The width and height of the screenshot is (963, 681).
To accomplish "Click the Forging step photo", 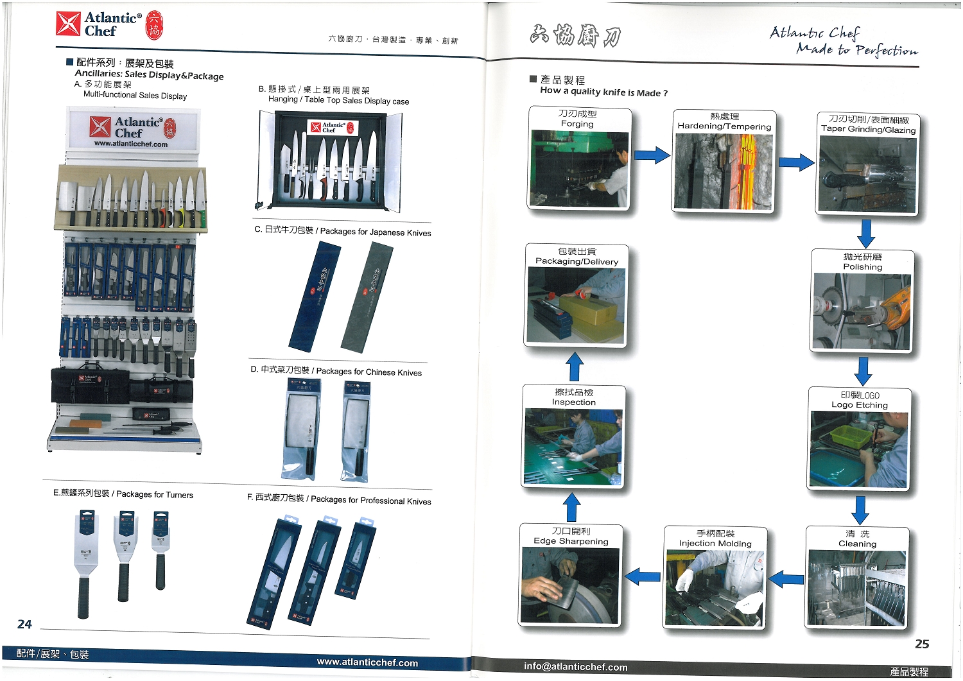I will coord(579,169).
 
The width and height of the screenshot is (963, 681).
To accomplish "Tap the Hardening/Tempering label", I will coord(724,122).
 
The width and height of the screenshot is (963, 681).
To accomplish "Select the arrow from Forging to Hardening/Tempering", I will coord(652,155).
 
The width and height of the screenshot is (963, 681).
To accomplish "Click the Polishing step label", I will coord(862,262).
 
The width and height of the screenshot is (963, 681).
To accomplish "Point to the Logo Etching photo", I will coord(858,449).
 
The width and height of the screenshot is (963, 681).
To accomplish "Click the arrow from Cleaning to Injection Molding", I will coord(786,579).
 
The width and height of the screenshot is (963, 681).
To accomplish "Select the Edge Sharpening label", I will coord(571,537).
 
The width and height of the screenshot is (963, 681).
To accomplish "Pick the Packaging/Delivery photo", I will coord(576,306).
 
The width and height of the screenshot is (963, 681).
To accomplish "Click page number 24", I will coord(24,624).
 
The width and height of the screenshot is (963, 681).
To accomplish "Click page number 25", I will coord(922,644).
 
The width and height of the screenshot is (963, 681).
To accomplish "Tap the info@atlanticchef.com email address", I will coord(575,667).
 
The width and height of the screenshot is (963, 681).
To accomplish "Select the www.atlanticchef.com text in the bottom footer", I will coord(367,662).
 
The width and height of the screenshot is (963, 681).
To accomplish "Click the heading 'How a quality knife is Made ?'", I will coord(603,92).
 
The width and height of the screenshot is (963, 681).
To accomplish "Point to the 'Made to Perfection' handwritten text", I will coord(857,50).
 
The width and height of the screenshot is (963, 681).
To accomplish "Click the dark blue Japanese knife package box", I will coord(315,296).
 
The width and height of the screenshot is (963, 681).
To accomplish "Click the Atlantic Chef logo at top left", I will coord(109,24).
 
